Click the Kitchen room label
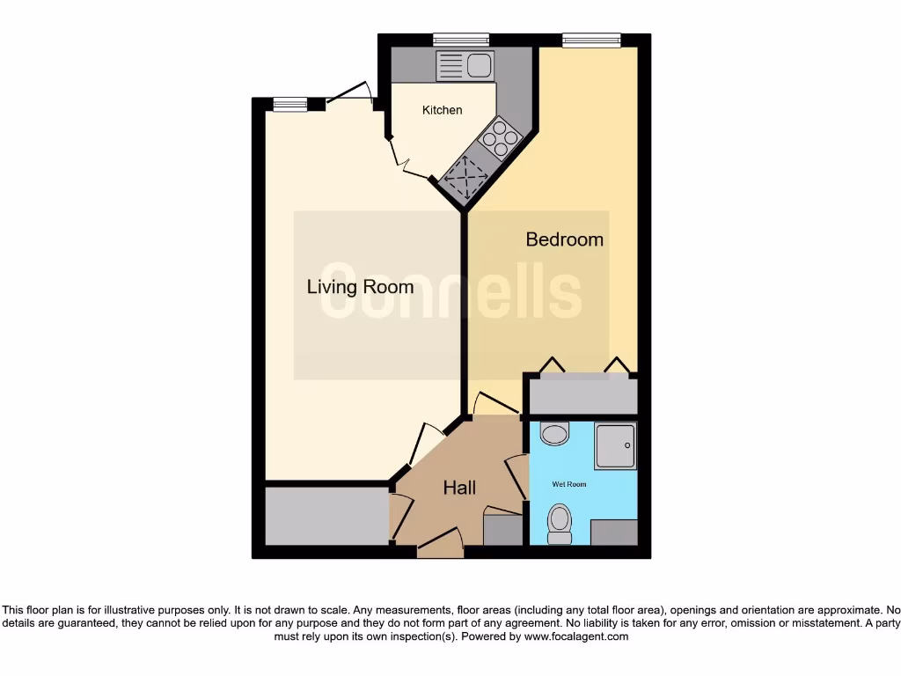click(442, 110)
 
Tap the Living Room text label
click(360, 287)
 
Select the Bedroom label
click(564, 239)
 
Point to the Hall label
click(459, 488)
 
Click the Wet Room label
click(568, 484)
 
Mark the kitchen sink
click(465, 66)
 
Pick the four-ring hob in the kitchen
click(500, 138)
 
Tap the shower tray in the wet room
click(615, 445)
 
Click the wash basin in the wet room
click(554, 433)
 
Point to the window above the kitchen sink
click(461, 39)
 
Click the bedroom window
click(591, 39)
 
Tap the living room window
click(289, 104)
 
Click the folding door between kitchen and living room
click(409, 164)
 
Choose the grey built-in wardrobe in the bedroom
click(581, 393)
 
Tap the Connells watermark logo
click(450, 291)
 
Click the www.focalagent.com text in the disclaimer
click(576, 636)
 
